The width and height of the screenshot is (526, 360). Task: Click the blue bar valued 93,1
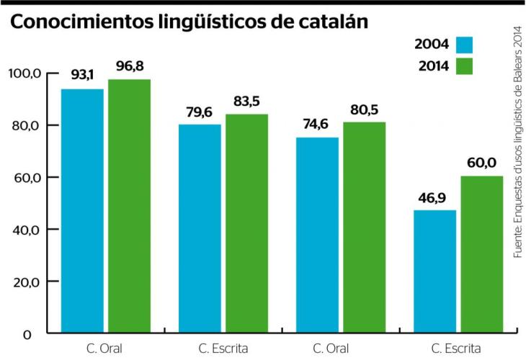coord(82,211)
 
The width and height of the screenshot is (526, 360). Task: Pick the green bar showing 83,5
coord(246,224)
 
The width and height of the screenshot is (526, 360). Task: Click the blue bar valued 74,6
coord(317,235)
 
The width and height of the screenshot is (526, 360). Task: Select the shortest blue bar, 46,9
coord(434,271)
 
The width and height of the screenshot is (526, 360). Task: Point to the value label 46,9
coord(434,197)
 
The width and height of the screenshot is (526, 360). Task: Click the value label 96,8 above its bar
coord(130,67)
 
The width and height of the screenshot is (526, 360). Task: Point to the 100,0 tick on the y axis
coord(24,73)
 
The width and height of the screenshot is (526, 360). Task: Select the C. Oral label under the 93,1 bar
coord(106,349)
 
